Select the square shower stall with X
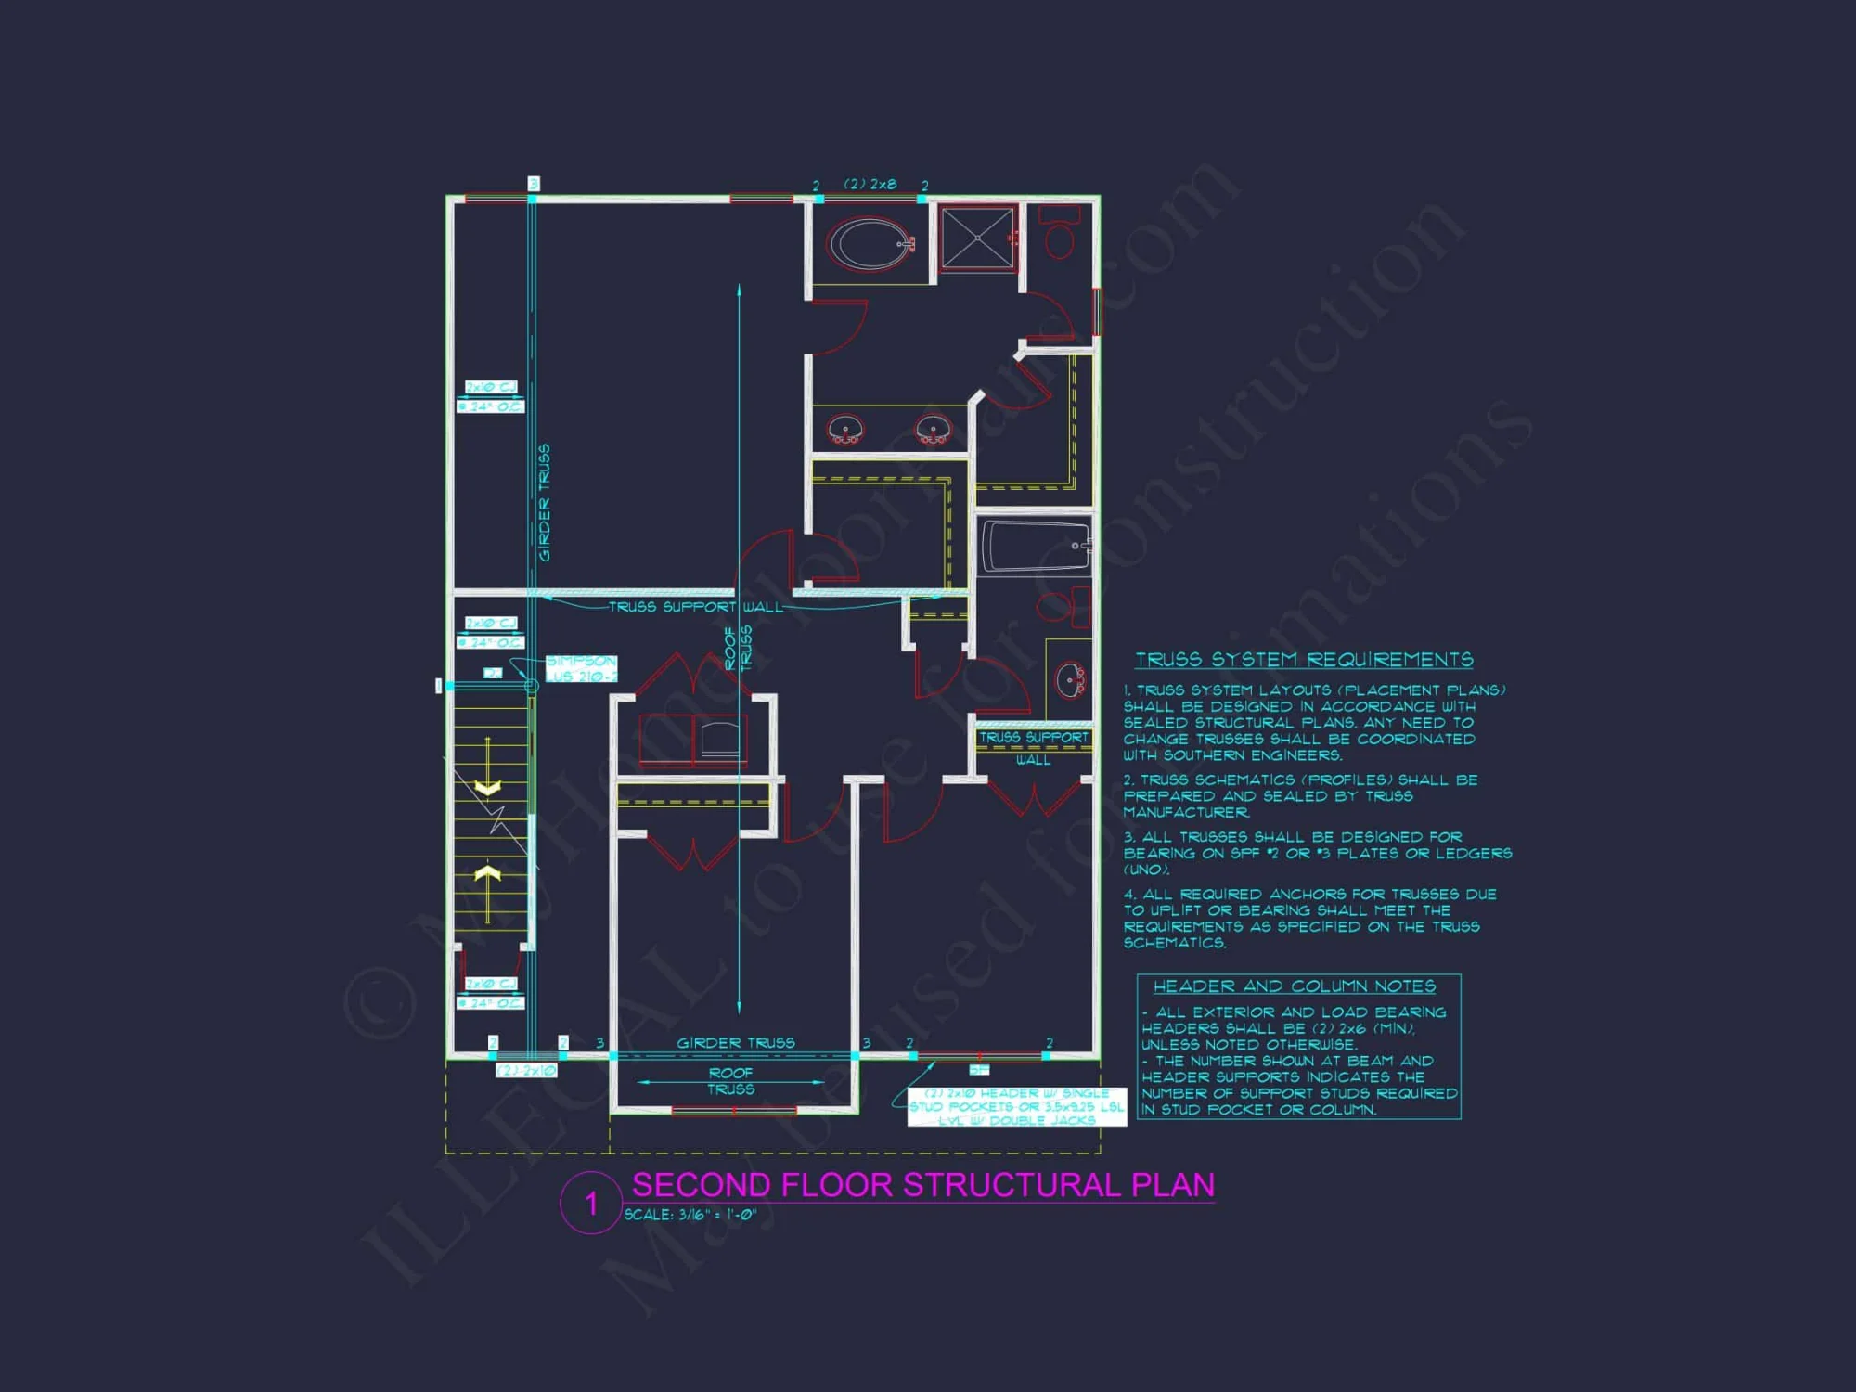977,238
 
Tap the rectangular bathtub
1034,546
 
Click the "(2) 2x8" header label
870,184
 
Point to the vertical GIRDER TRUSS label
544,502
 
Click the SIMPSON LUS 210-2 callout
580,668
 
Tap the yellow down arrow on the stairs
488,787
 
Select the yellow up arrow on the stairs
488,873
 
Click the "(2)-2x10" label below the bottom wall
526,1071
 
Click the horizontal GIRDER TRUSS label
735,1043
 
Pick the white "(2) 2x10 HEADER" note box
1015,1107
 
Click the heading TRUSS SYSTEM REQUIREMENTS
1304,660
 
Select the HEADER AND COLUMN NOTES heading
1294,986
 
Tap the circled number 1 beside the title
591,1204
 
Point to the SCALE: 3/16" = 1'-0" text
690,1215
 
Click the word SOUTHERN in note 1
1205,755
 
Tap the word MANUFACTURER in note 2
1185,812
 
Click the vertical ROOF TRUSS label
738,648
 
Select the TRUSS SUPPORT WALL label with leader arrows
695,607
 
